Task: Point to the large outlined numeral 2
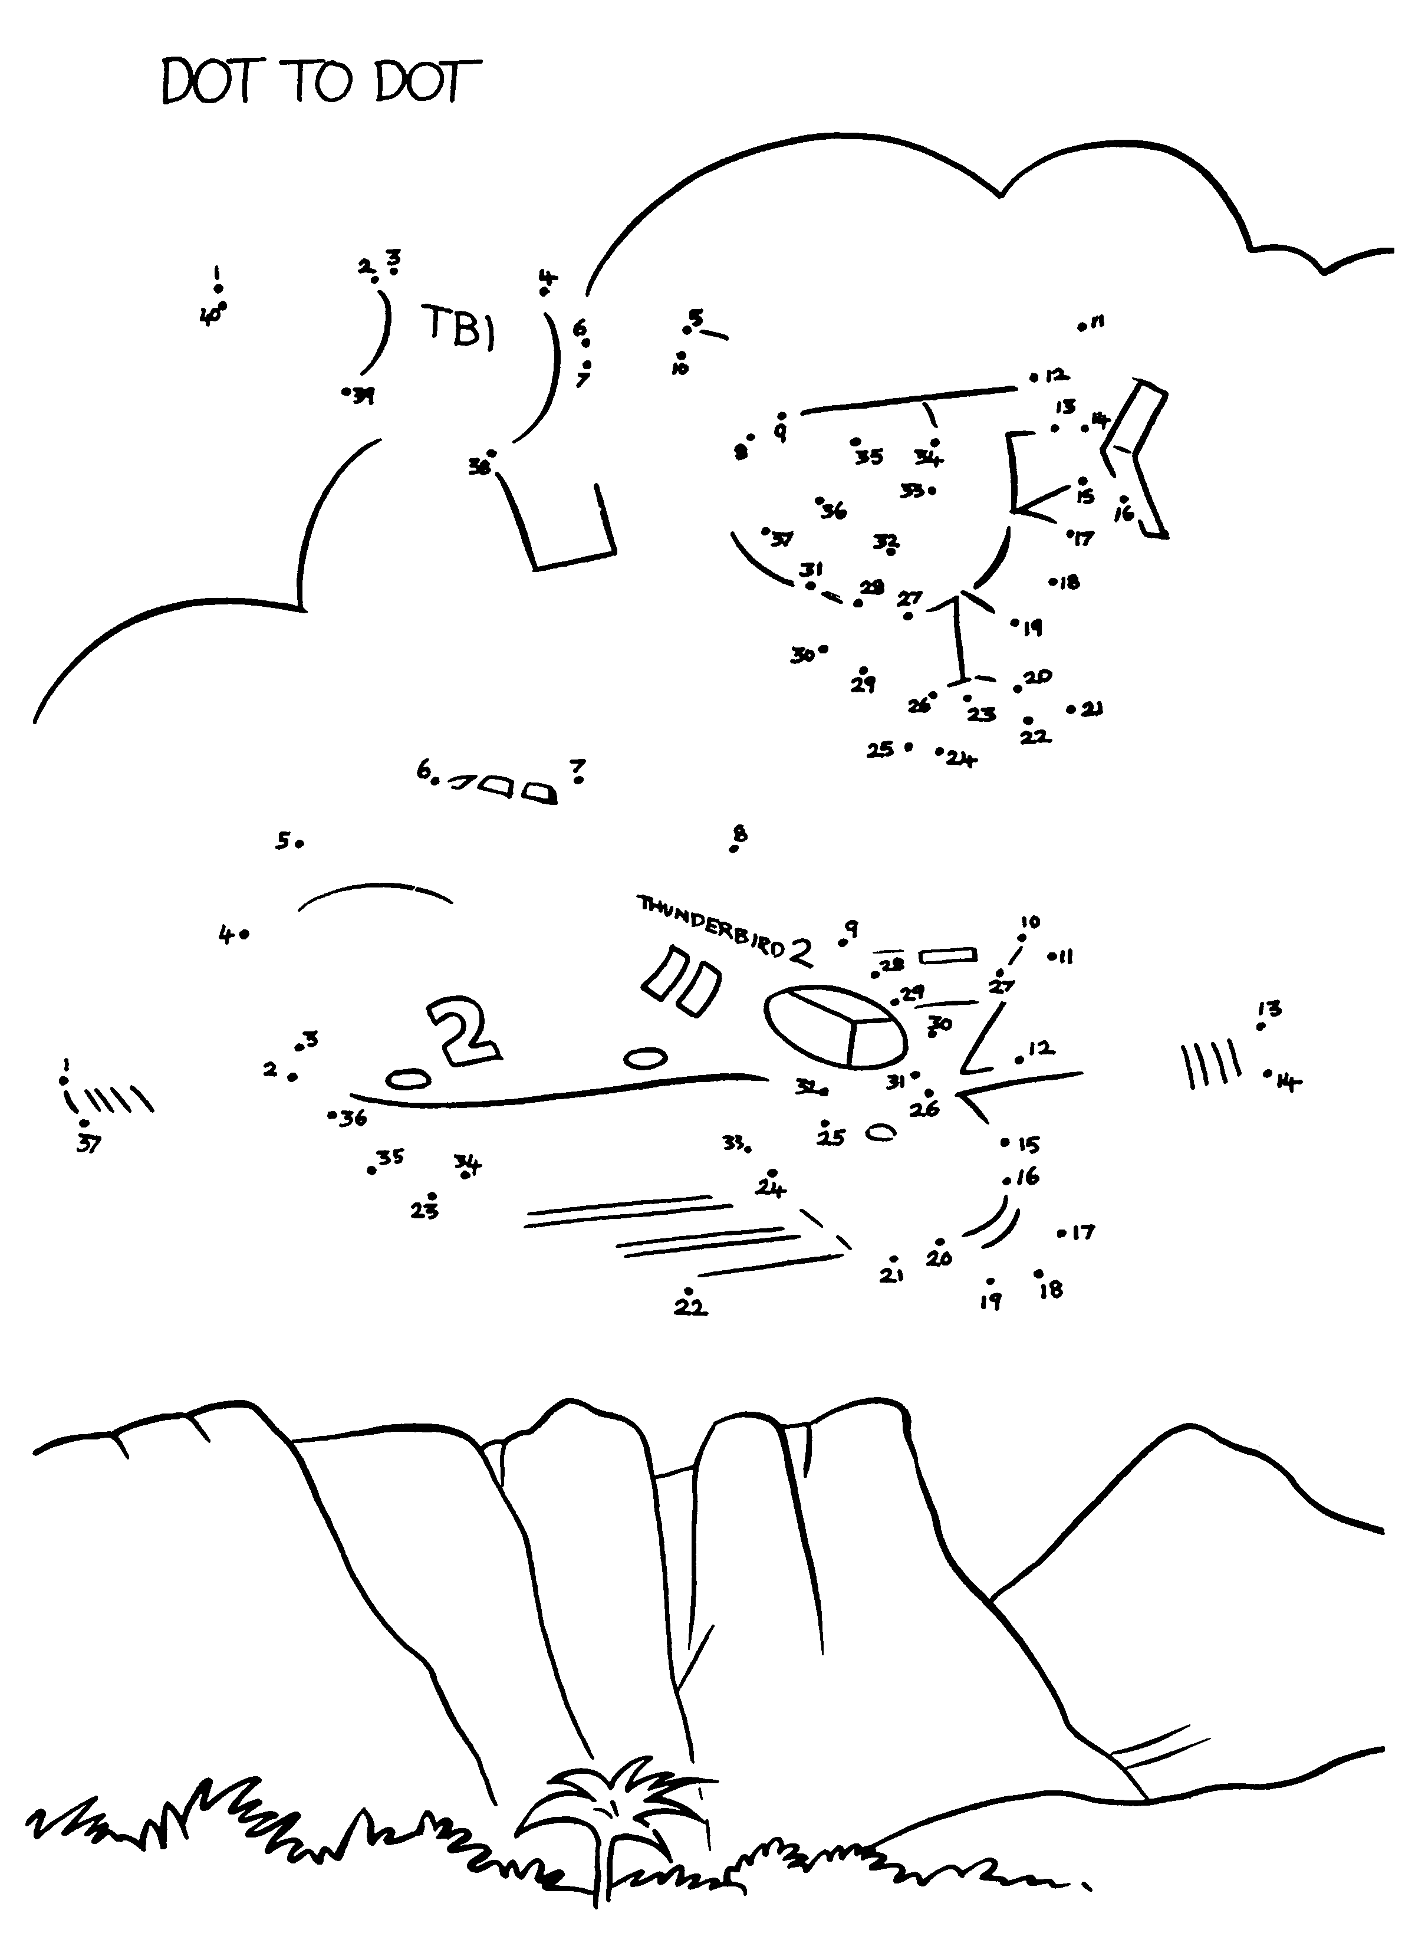pyautogui.click(x=464, y=1030)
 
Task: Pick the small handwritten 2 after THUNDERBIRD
pyautogui.click(x=801, y=952)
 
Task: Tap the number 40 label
pyautogui.click(x=209, y=317)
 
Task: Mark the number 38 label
pyautogui.click(x=479, y=468)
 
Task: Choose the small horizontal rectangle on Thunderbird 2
pyautogui.click(x=948, y=955)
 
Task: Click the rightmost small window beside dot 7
pyautogui.click(x=539, y=794)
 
